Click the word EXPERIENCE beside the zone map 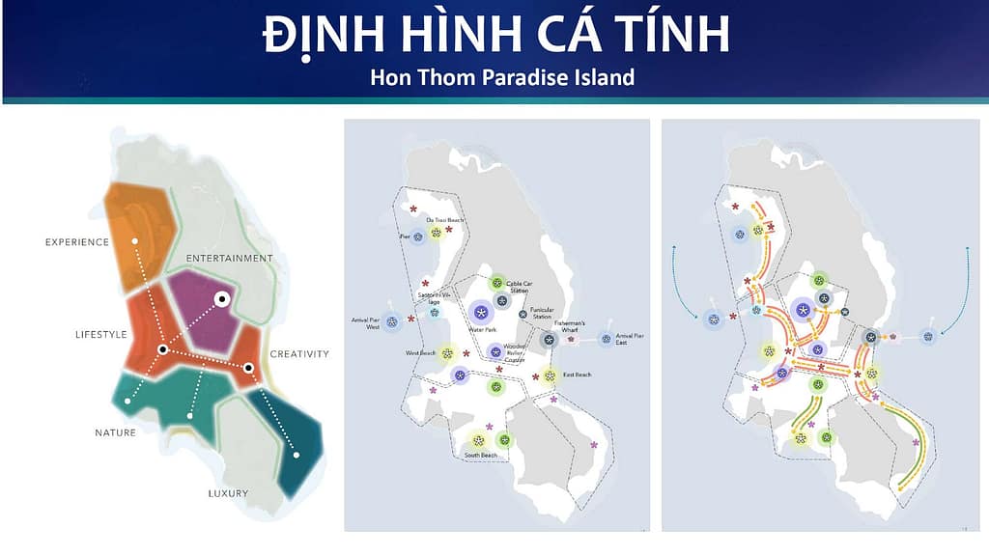(x=76, y=241)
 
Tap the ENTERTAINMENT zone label (x=230, y=258)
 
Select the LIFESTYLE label (x=101, y=334)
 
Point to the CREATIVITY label (x=299, y=353)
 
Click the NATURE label (x=116, y=432)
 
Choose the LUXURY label (x=228, y=493)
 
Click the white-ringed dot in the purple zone (x=221, y=300)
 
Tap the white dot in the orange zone (x=136, y=239)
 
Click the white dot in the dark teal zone (x=297, y=454)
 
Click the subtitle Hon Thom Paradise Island (x=502, y=77)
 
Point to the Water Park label (x=482, y=330)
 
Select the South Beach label (x=480, y=456)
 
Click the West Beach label (x=421, y=353)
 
